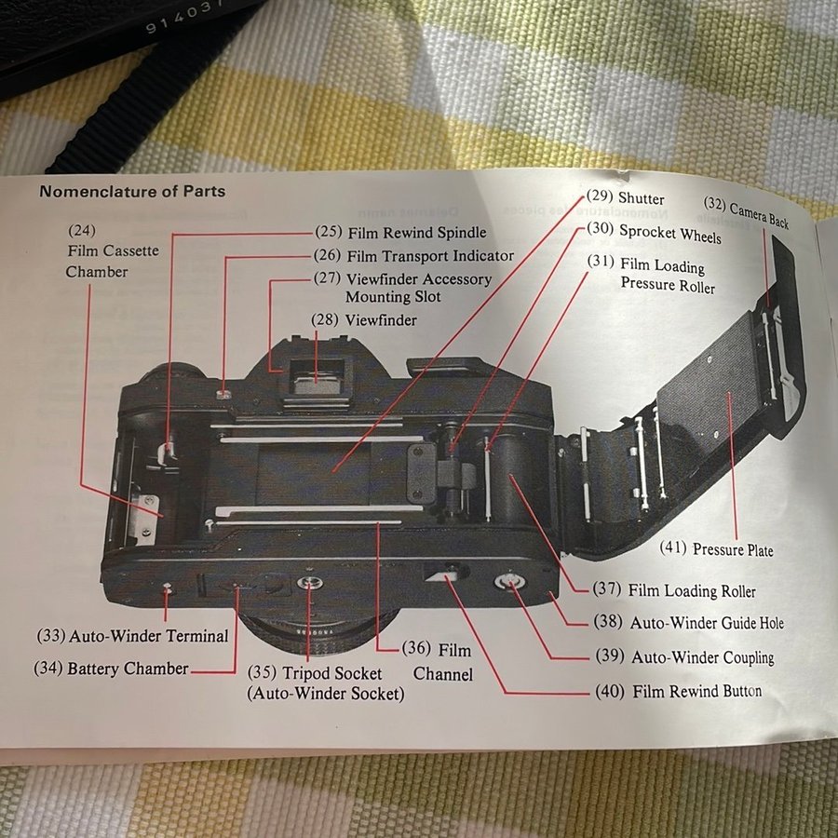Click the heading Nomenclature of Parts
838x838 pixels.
131,192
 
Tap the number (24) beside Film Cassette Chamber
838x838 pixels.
81,229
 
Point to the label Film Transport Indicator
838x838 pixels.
429,255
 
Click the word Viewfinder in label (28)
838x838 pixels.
380,320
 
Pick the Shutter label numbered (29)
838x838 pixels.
641,198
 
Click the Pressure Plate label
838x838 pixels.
732,549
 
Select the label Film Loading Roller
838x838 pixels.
692,590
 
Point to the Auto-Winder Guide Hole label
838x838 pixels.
707,623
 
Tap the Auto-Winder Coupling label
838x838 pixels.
702,656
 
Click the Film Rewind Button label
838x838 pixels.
696,691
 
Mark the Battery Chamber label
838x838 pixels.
128,669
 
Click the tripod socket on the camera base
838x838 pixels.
306,585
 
